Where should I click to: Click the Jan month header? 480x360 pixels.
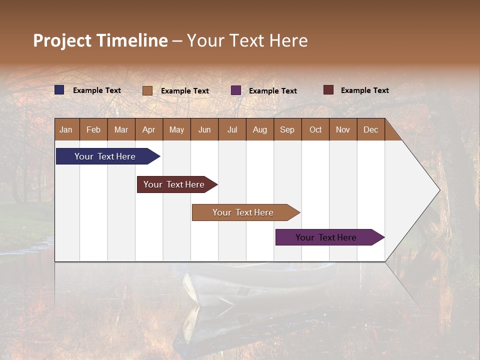point(66,129)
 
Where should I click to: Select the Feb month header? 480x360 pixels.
point(93,129)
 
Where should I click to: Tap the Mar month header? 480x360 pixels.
point(121,129)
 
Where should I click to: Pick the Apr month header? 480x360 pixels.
point(149,129)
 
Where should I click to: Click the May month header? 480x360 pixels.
point(176,129)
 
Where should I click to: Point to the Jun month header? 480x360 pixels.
point(204,129)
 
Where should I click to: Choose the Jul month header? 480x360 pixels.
point(232,129)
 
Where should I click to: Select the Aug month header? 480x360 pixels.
point(260,129)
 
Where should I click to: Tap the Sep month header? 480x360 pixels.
point(287,129)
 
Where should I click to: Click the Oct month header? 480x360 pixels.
point(315,129)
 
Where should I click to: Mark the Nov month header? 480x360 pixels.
point(343,129)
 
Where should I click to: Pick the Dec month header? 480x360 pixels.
point(371,129)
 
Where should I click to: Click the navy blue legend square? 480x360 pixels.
point(59,90)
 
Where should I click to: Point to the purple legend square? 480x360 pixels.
point(236,90)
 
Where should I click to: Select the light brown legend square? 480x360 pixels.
point(147,90)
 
